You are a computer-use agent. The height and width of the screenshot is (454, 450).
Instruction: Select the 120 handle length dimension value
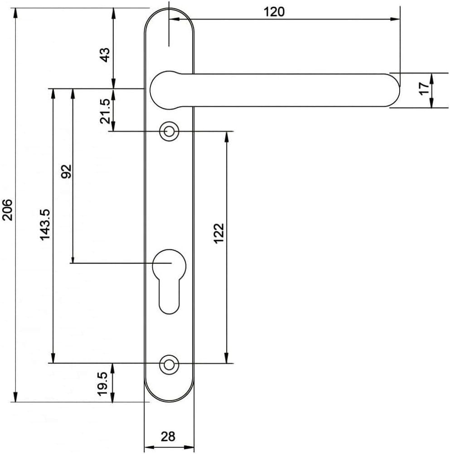tap(274, 12)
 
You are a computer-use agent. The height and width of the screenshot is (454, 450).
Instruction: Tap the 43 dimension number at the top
tap(105, 55)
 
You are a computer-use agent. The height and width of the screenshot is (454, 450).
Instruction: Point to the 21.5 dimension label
tap(105, 111)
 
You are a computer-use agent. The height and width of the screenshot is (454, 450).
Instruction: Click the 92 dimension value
tap(67, 172)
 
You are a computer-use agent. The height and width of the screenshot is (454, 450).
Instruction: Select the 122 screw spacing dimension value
tap(219, 233)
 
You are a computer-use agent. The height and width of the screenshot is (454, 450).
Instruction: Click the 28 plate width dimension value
tap(168, 436)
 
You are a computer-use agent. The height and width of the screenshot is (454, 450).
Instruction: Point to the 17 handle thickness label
tap(424, 88)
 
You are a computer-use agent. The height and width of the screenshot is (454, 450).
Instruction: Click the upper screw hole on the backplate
tap(169, 132)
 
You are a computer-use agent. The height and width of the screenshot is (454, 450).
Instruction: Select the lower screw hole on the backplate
tap(169, 363)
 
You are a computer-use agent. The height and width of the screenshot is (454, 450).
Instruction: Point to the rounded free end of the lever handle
tap(392, 90)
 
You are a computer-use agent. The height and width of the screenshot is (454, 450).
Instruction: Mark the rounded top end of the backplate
tap(169, 18)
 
